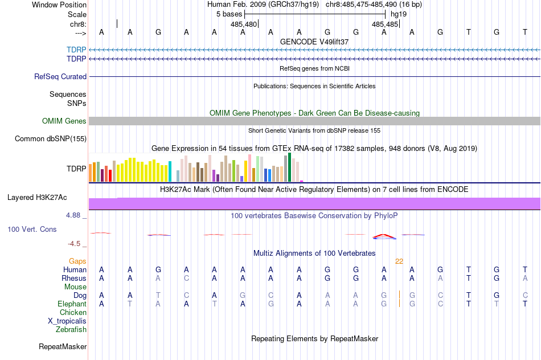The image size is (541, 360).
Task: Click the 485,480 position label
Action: tap(244, 24)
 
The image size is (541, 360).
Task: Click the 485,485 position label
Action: tap(385, 24)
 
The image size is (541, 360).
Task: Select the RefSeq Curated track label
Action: tap(60, 76)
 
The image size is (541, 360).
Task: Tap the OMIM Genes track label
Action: tap(64, 121)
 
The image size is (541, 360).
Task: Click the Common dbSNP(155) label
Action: tap(51, 138)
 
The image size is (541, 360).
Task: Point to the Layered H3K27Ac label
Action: tap(37, 198)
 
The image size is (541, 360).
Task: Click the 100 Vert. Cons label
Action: tap(32, 229)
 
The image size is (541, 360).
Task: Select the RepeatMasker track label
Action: tap(63, 346)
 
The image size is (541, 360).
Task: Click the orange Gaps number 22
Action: tap(399, 261)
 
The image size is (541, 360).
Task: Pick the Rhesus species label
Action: tap(74, 279)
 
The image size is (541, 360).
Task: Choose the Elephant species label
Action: tap(72, 304)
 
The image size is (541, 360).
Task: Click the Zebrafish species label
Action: tap(71, 329)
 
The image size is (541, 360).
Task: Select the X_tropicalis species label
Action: tap(67, 321)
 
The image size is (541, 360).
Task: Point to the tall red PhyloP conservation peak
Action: tap(384, 235)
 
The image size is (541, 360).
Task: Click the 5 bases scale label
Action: tap(229, 14)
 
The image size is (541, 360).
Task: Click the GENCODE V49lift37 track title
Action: tap(314, 42)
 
